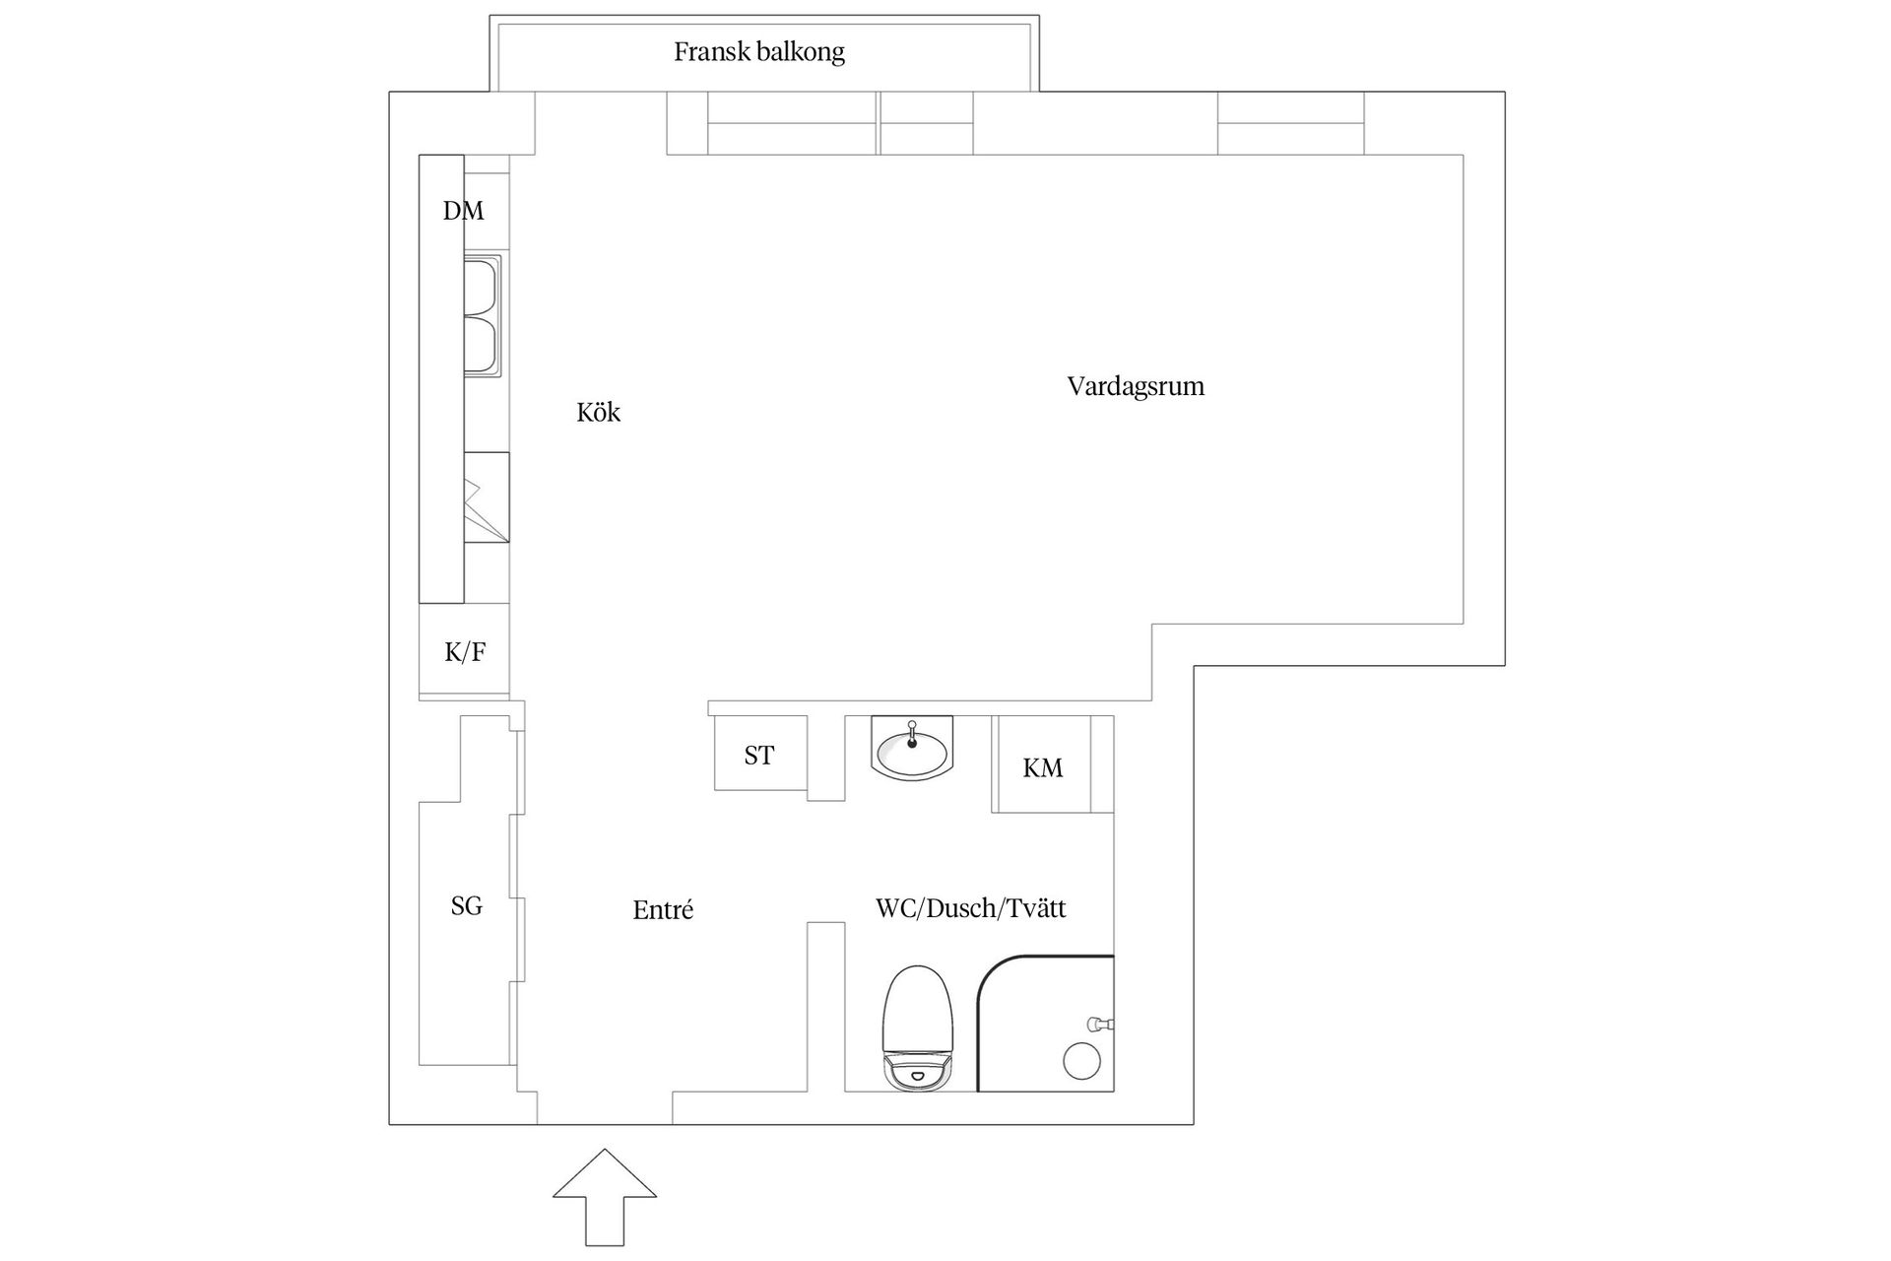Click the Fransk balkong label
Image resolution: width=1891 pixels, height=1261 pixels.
point(759,52)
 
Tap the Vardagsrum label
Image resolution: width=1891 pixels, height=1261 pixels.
point(1136,386)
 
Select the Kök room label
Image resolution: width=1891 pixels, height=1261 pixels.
point(599,412)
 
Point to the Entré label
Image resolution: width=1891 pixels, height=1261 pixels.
point(663,909)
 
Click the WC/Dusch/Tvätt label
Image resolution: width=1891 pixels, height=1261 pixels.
point(971,907)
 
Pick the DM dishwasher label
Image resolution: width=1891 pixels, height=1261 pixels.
point(463,210)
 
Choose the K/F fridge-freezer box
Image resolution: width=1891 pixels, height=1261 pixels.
point(464,651)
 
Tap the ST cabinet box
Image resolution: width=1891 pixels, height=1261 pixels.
point(760,753)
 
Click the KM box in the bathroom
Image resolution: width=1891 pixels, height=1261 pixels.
point(1042,764)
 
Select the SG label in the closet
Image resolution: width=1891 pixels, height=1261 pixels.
point(467,905)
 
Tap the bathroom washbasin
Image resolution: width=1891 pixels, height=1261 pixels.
point(912,748)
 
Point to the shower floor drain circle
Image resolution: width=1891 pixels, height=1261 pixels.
point(1081,1060)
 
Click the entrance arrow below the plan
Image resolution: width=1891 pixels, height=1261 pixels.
point(605,1196)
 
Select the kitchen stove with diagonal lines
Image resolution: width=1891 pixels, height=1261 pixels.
point(487,498)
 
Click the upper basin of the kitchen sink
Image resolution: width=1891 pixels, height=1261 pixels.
point(483,285)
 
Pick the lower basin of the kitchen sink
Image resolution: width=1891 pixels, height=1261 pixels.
point(483,344)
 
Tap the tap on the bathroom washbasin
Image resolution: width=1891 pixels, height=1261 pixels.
point(912,734)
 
